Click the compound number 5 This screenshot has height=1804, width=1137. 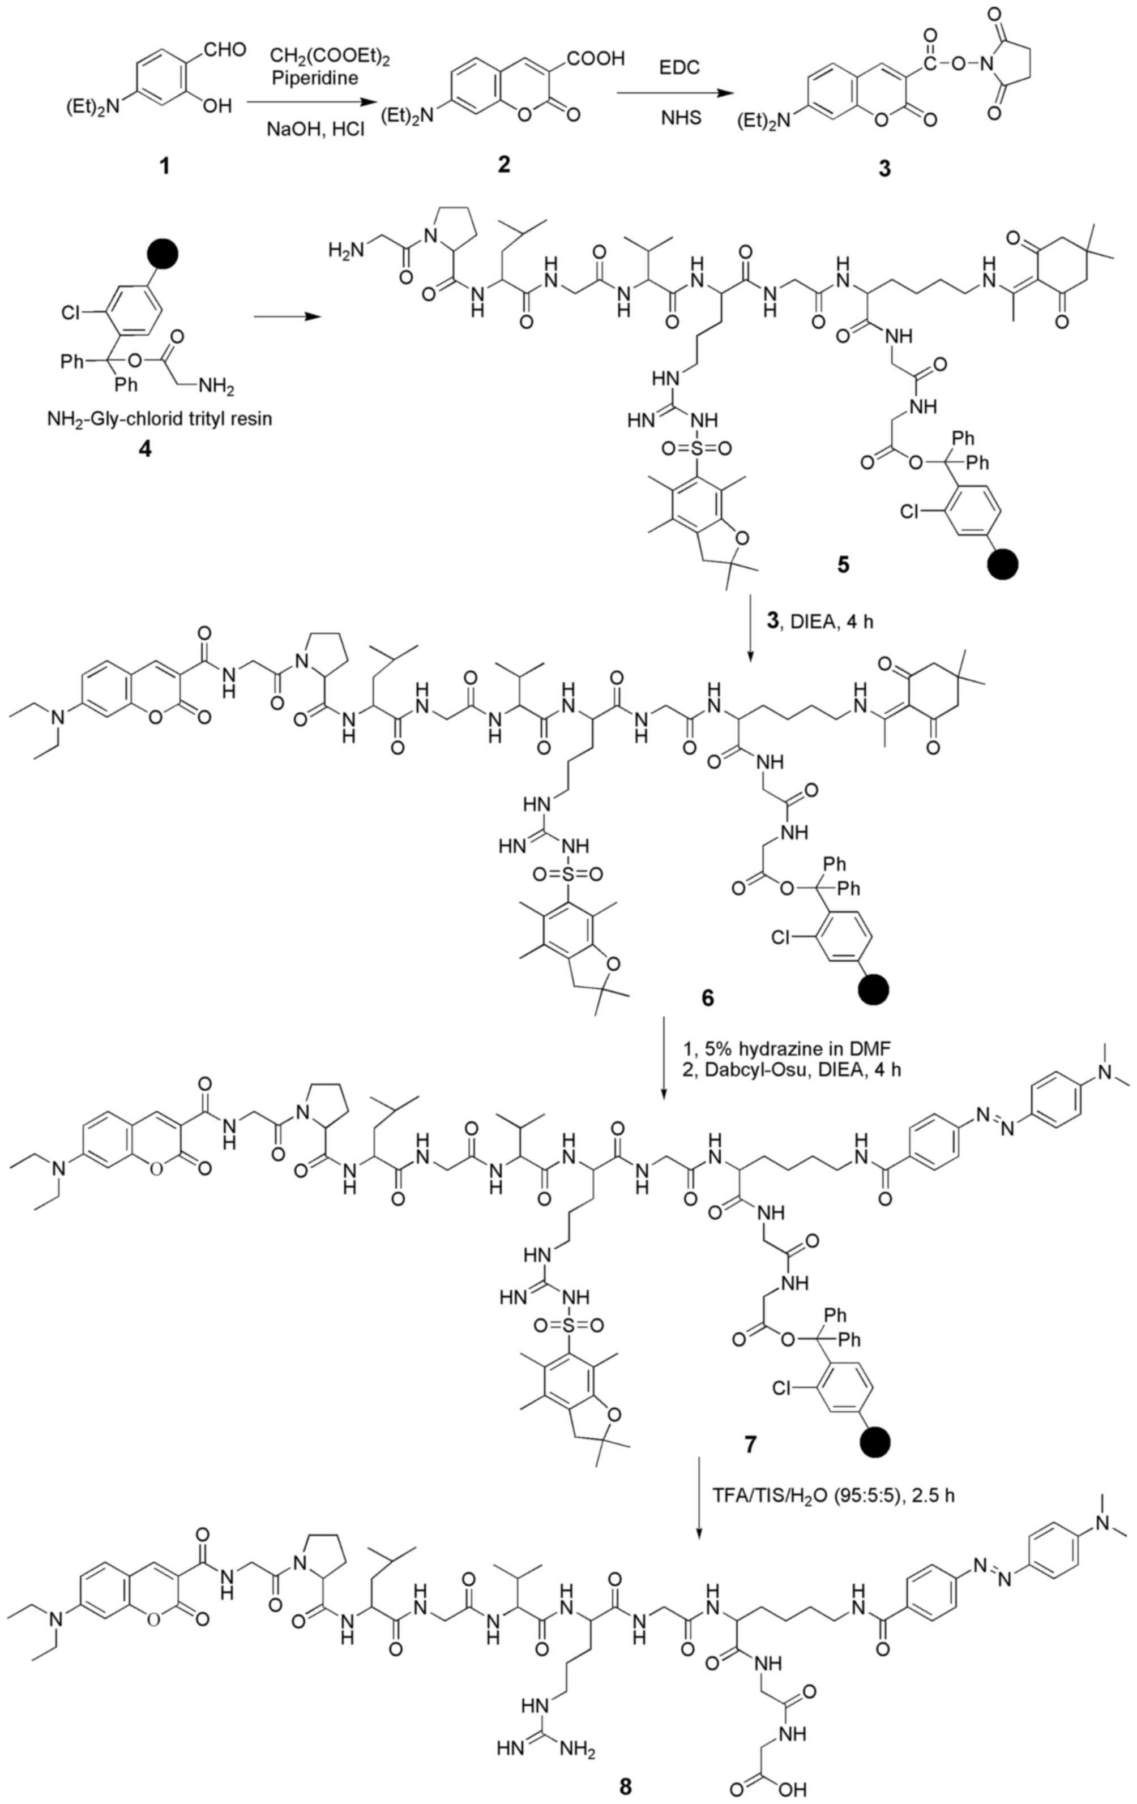pyautogui.click(x=844, y=563)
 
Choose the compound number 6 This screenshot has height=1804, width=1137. pyautogui.click(x=708, y=998)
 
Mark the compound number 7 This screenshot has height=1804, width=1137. pyautogui.click(x=750, y=1443)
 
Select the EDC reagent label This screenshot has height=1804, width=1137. pyautogui.click(x=679, y=67)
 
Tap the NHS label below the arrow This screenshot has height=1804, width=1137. pyautogui.click(x=681, y=118)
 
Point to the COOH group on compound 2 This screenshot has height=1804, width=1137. pyautogui.click(x=596, y=58)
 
